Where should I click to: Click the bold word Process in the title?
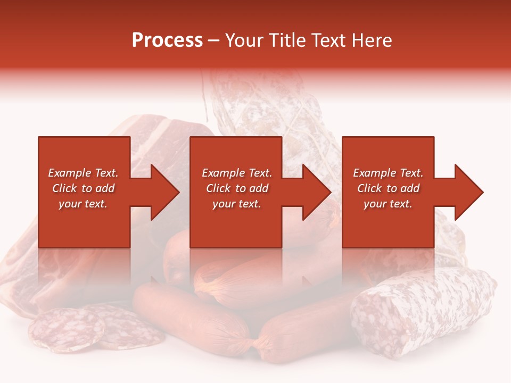tap(167, 40)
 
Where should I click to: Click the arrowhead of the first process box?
tap(165, 192)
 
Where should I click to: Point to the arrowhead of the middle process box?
tap(317, 192)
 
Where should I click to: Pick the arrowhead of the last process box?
tap(469, 192)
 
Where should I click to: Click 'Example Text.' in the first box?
tap(83, 173)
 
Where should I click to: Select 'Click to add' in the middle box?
tap(237, 188)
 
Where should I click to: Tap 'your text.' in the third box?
tap(388, 204)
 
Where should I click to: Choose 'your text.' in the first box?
tap(83, 204)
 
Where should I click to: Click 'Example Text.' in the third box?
tap(388, 173)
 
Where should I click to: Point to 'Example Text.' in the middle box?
tap(237, 173)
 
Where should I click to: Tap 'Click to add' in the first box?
tap(83, 188)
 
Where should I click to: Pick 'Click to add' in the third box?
tap(388, 188)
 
